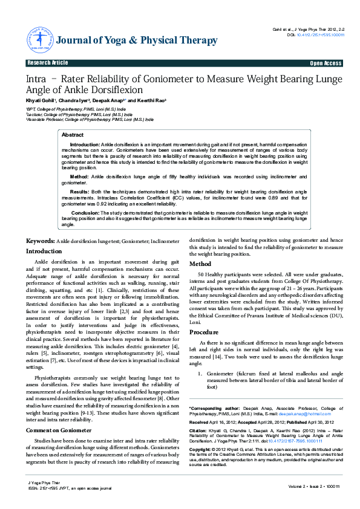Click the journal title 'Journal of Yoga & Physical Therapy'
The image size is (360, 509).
[x=136, y=41]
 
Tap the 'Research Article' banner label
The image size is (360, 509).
[x=48, y=63]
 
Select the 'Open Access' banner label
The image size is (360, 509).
[x=326, y=63]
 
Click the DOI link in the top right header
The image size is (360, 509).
[x=320, y=34]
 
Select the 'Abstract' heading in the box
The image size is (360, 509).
[x=73, y=135]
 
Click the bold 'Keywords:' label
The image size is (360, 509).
[x=41, y=241]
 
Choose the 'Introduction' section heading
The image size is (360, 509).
[x=44, y=251]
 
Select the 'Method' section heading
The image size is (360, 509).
[x=200, y=264]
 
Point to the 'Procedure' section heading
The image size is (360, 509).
[x=204, y=332]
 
